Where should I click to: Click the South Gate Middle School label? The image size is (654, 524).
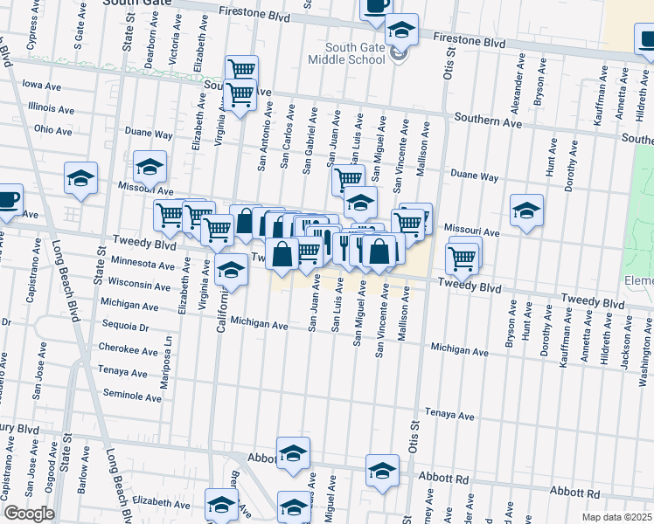tap(356, 53)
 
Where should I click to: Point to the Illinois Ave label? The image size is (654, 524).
tap(51, 108)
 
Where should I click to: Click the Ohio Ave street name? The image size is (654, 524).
tap(53, 130)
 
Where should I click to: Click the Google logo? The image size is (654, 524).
tap(29, 514)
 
